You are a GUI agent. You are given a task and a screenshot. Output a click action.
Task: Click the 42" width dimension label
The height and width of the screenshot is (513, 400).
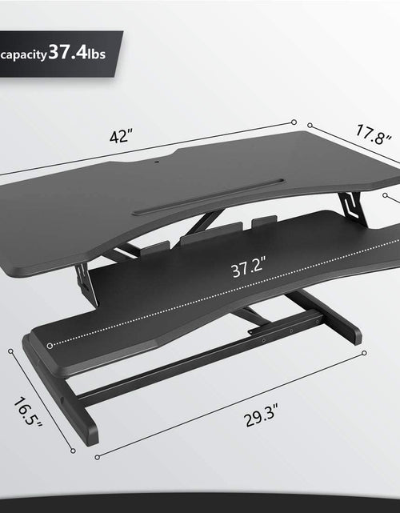(121, 136)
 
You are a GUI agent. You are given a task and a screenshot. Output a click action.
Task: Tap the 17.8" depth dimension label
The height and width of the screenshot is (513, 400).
(374, 134)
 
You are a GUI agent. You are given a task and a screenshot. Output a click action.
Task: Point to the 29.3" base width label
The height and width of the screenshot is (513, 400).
(261, 415)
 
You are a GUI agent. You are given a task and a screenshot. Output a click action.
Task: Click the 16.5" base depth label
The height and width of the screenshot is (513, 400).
(28, 412)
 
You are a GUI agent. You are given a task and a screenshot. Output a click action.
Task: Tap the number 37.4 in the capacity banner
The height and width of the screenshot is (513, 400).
(68, 52)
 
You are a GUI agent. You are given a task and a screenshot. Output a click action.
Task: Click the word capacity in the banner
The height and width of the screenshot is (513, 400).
(23, 55)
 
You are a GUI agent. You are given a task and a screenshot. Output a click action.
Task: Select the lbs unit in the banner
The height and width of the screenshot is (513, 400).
(97, 54)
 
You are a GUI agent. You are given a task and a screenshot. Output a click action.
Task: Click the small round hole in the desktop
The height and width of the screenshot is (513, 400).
(156, 162)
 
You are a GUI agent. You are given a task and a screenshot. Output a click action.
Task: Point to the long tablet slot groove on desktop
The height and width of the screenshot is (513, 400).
(208, 196)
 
